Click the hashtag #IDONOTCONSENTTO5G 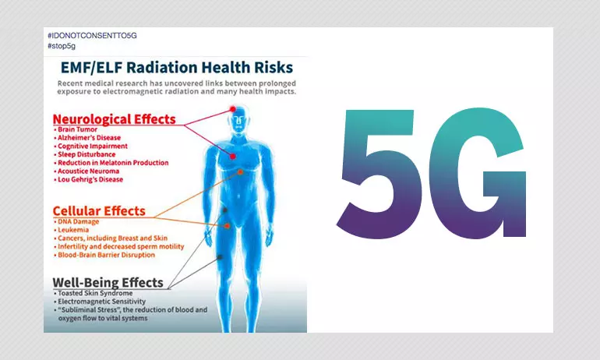pyautogui.click(x=92, y=36)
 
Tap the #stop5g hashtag pyautogui.click(x=62, y=46)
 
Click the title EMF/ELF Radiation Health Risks pyautogui.click(x=177, y=67)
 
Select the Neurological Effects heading pyautogui.click(x=114, y=119)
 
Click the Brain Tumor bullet pyautogui.click(x=76, y=129)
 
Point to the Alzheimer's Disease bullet pyautogui.click(x=87, y=138)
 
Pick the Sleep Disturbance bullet pyautogui.click(x=85, y=154)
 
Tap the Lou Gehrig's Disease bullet pyautogui.click(x=88, y=179)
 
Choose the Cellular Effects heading pyautogui.click(x=99, y=211)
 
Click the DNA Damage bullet pyautogui.click(x=76, y=221)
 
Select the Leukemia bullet pyautogui.click(x=72, y=230)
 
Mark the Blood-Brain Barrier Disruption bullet pyautogui.click(x=104, y=255)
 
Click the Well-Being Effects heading pyautogui.click(x=108, y=282)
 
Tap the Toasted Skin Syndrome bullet pyautogui.click(x=94, y=293)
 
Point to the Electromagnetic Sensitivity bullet pyautogui.click(x=100, y=302)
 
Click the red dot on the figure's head pyautogui.click(x=233, y=109)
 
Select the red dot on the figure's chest pyautogui.click(x=233, y=156)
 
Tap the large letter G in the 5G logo pyautogui.click(x=478, y=174)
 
